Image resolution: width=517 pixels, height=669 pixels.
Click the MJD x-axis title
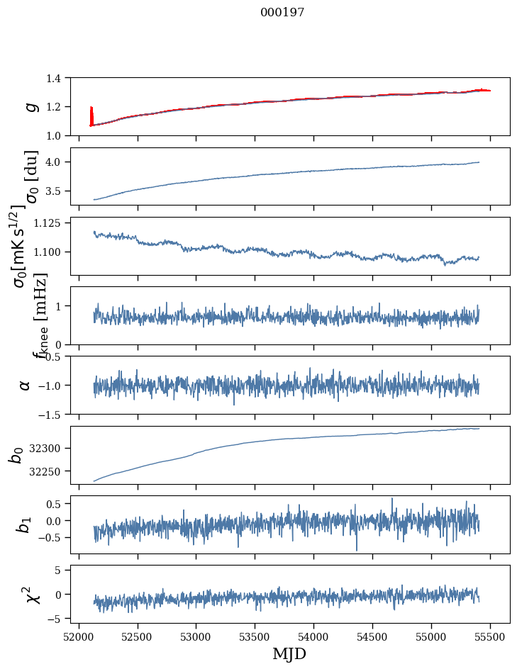click(x=289, y=654)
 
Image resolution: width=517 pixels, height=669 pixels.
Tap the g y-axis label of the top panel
click(x=30, y=106)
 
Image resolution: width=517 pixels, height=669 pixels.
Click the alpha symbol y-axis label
click(x=26, y=385)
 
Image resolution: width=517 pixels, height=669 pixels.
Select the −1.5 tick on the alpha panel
click(x=52, y=414)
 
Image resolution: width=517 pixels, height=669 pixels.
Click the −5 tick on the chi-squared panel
click(x=58, y=619)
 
